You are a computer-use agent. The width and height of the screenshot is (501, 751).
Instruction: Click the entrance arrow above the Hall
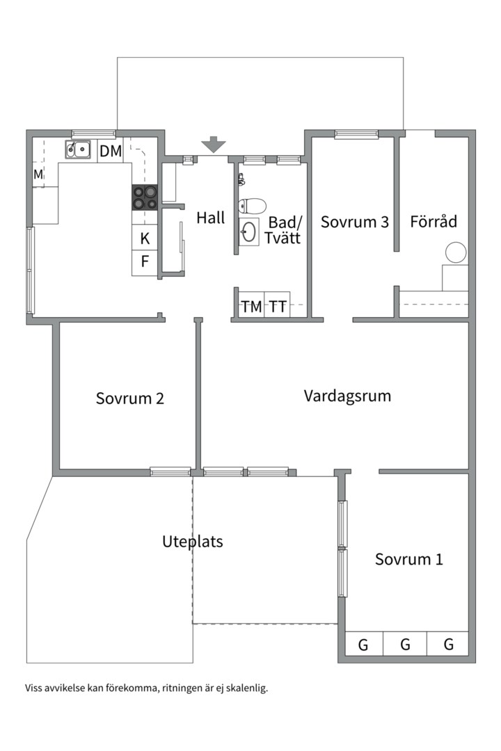point(214,145)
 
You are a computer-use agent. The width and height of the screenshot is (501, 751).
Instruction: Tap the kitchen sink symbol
point(78,150)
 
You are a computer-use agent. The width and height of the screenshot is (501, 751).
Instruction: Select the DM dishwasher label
point(110,151)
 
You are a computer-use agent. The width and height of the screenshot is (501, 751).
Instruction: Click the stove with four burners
point(144,198)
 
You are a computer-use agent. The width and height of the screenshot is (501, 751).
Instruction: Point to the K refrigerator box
point(145,239)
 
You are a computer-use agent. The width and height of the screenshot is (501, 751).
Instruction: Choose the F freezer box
point(145,262)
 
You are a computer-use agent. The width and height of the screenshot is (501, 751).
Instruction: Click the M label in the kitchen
point(38,175)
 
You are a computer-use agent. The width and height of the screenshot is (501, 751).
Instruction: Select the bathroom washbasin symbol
point(248,232)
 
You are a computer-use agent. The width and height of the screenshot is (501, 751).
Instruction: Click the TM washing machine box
point(251,306)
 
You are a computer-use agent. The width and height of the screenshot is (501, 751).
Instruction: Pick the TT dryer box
point(278,306)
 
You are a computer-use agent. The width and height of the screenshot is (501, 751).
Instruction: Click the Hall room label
point(210,218)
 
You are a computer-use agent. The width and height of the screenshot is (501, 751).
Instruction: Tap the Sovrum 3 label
point(354,222)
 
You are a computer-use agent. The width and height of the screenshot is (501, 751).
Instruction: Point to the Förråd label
point(434,222)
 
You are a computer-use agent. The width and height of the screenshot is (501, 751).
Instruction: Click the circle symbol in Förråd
point(456,252)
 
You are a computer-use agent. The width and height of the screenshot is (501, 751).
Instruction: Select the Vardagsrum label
point(347,396)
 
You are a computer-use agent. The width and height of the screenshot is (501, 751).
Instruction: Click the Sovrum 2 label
point(130,398)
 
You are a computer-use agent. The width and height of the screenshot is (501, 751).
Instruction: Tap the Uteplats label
point(192,541)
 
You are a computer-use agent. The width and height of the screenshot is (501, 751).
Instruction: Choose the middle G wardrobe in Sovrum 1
point(405,645)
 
